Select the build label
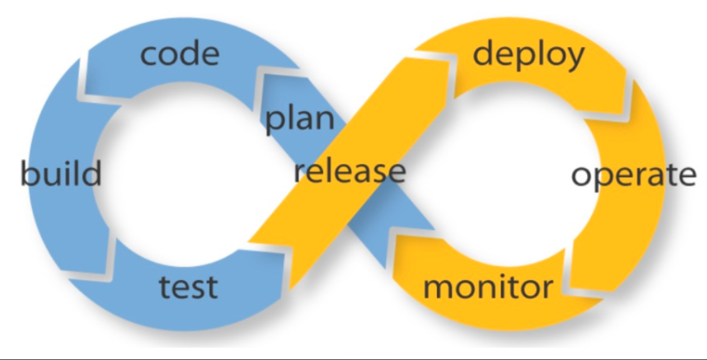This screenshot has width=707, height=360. coord(61,173)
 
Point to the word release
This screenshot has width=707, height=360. coord(349,170)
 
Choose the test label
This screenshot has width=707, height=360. coord(188,286)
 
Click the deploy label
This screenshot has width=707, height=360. coord(528,55)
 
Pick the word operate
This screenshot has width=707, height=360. coord(633,176)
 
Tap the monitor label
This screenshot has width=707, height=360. coord(488,287)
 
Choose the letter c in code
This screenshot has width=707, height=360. coord(149,55)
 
